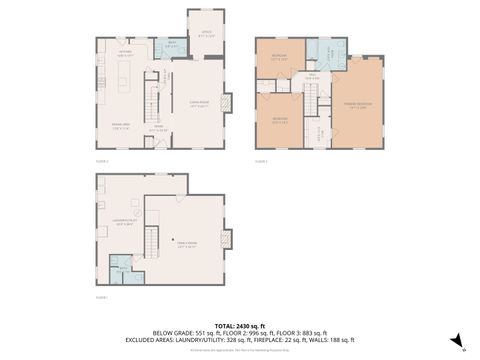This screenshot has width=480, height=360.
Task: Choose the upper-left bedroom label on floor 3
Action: (x=278, y=58)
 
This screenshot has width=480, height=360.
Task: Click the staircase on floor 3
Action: (x=311, y=101)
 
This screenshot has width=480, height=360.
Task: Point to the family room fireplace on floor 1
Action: (x=228, y=239)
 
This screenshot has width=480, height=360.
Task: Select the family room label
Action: (x=186, y=243)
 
